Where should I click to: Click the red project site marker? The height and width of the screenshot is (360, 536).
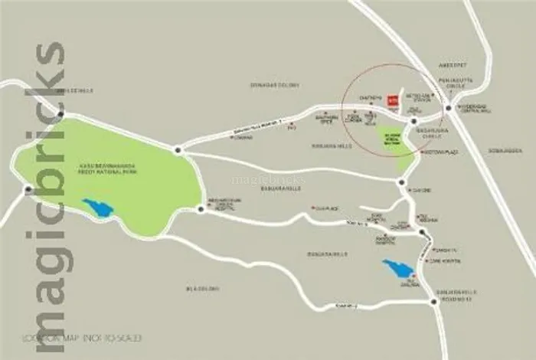coord(392,99)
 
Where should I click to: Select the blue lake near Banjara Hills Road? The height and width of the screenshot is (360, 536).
coord(397,269)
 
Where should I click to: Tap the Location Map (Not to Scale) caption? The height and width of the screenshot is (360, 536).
coord(82,337)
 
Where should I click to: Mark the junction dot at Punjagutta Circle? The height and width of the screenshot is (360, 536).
coord(448,109)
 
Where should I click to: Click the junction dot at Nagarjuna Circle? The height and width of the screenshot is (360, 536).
coord(413,121)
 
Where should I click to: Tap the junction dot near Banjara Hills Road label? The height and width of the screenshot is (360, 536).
coord(434,302)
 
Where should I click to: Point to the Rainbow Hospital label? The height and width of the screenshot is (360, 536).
coord(386,240)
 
